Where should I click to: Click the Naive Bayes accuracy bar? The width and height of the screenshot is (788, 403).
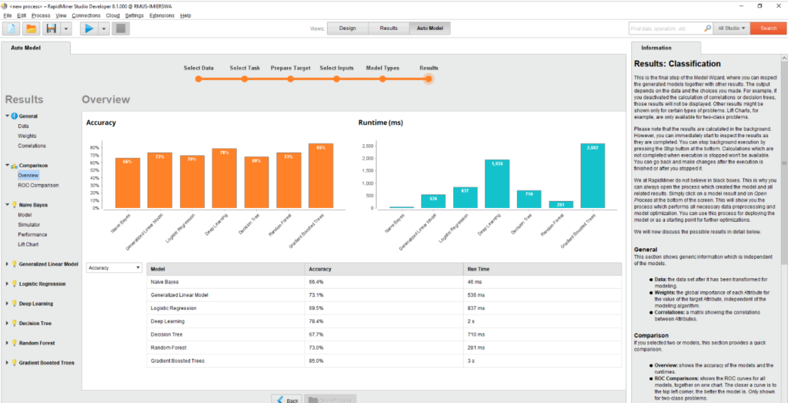(128, 183)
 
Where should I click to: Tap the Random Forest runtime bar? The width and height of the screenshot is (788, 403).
(561, 204)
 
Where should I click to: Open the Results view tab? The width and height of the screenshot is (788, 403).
(389, 29)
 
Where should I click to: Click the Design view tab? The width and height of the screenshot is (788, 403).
(347, 29)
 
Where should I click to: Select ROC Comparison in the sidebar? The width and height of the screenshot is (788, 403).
(38, 185)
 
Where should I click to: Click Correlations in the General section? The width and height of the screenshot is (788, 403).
(32, 146)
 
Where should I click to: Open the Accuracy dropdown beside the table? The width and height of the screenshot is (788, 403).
(114, 268)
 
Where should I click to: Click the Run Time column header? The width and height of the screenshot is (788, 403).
(477, 269)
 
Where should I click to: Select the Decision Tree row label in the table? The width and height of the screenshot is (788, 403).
(167, 334)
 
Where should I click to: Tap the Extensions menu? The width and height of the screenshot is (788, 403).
(162, 15)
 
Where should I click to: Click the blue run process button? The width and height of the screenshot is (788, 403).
(88, 29)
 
